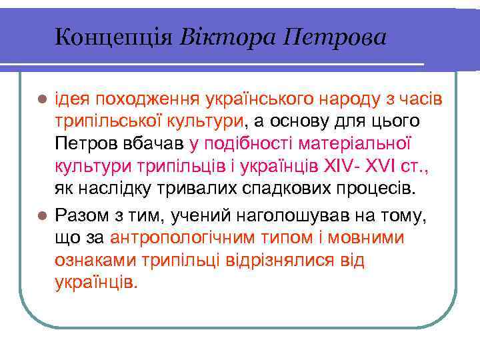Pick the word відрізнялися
tap(281, 260)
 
